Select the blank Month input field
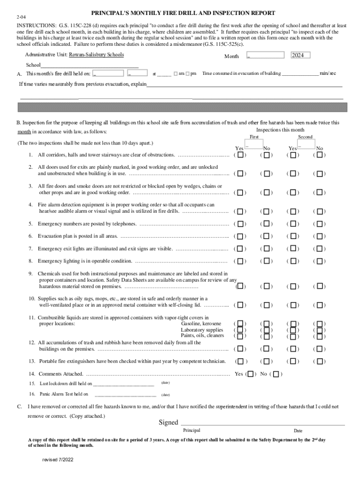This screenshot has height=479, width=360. point(265,55)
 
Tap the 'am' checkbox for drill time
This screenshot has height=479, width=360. point(175,74)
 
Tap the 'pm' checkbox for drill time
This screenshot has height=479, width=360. point(187,74)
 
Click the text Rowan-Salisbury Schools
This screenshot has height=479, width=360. point(96,55)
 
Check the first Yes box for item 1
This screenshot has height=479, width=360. point(240,155)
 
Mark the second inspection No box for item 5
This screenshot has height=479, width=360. point(320,224)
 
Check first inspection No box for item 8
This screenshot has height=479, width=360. point(266,261)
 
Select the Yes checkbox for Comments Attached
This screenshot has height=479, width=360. point(251,374)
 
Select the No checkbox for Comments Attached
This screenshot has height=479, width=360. point(276,374)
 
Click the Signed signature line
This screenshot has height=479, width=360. point(262,423)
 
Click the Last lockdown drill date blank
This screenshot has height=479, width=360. point(124,384)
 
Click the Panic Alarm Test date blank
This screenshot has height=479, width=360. point(124,394)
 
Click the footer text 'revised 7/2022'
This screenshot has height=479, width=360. point(58,460)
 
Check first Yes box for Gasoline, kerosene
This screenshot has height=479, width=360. point(240,323)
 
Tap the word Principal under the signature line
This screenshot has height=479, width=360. point(192,430)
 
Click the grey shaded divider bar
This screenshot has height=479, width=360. point(182,108)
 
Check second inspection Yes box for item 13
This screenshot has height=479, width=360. point(293,361)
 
